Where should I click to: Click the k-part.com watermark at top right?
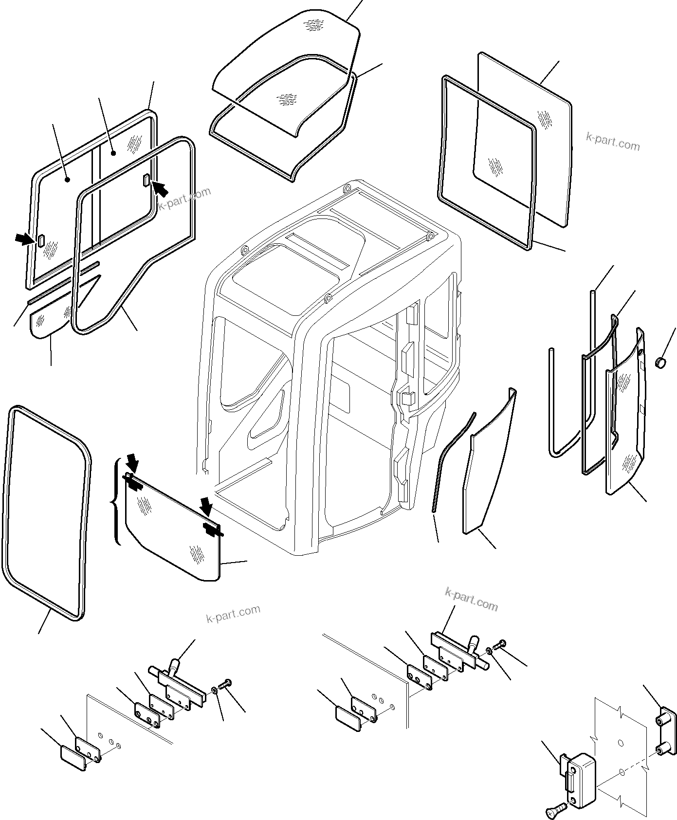(x=613, y=143)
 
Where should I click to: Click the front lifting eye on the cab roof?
(x=328, y=297)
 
